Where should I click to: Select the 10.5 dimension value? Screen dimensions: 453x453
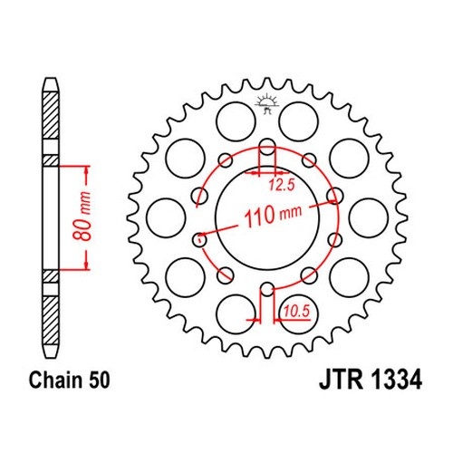click(x=297, y=312)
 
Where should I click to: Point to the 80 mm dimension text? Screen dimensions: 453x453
click(x=82, y=217)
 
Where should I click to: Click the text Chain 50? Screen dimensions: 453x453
click(x=69, y=380)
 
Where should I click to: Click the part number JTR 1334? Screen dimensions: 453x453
click(x=370, y=380)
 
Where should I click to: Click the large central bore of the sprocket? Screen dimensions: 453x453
click(x=267, y=218)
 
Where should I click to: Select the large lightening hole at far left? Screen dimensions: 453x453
click(x=166, y=218)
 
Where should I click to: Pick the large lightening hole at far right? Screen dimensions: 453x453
click(x=369, y=218)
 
